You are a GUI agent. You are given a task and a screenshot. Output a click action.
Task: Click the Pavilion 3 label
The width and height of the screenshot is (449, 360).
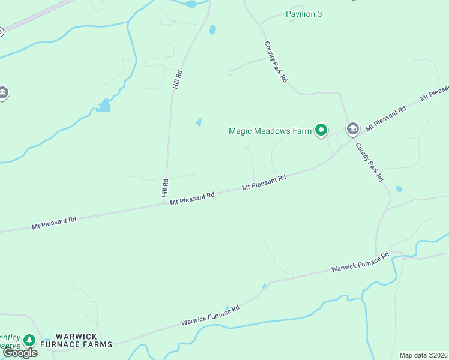pyautogui.click(x=304, y=14)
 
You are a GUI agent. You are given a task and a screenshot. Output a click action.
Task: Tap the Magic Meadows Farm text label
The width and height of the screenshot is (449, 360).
pyautogui.click(x=270, y=130)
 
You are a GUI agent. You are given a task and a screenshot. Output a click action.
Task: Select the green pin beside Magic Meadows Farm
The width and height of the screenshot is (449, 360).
pyautogui.click(x=321, y=130)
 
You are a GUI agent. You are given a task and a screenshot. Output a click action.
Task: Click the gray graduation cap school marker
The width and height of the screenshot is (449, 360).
pyautogui.click(x=352, y=128)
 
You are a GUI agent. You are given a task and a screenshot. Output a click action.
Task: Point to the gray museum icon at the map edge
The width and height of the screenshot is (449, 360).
pyautogui.click(x=3, y=93)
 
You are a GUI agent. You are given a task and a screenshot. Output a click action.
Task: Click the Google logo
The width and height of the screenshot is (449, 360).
pyautogui.click(x=20, y=353)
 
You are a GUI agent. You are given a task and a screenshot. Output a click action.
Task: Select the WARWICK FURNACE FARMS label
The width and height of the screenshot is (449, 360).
pyautogui.click(x=84, y=340)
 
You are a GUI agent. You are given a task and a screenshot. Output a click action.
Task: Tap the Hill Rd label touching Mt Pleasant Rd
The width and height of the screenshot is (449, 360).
pyautogui.click(x=165, y=188)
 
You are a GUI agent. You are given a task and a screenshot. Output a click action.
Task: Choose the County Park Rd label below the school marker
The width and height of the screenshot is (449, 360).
pyautogui.click(x=369, y=162)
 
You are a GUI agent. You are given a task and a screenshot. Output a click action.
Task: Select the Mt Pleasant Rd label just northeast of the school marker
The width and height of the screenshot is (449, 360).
pyautogui.click(x=385, y=118)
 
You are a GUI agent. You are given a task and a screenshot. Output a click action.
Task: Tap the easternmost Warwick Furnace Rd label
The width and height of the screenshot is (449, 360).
pyautogui.click(x=360, y=262)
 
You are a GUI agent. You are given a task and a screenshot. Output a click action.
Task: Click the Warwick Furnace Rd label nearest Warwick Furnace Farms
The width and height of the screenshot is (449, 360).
pyautogui.click(x=211, y=316)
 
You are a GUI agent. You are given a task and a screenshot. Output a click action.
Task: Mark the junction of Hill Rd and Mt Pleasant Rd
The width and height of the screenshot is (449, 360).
pyautogui.click(x=165, y=203)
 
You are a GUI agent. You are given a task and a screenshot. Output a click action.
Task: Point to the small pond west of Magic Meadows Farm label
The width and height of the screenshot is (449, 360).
pyautogui.click(x=199, y=122)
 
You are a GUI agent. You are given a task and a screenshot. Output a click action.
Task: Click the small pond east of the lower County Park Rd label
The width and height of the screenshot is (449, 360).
pyautogui.click(x=399, y=189)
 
